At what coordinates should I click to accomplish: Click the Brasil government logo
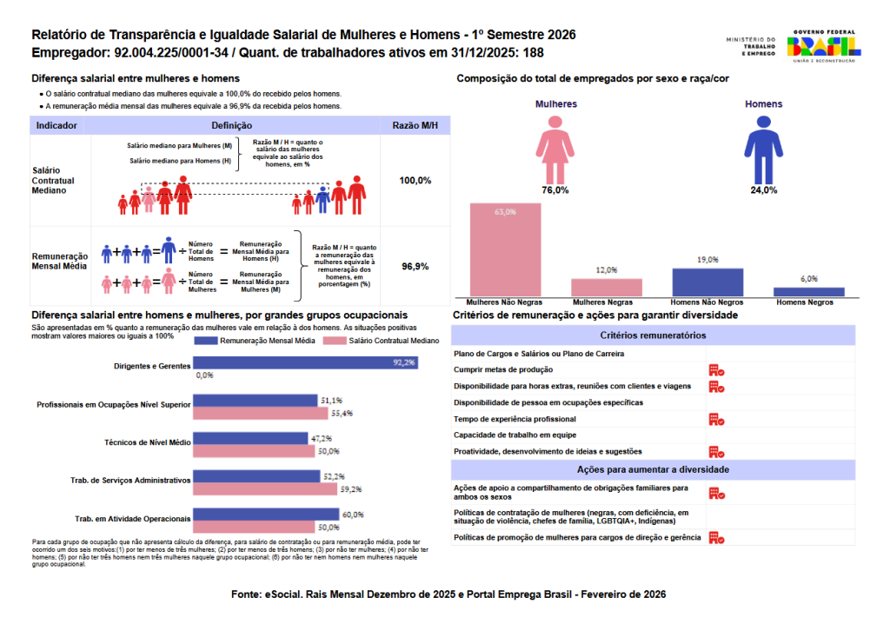pos(823,46)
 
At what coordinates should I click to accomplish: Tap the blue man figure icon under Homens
pos(764,146)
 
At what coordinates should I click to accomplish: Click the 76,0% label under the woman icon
pos(555,189)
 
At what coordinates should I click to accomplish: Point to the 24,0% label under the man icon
pos(764,189)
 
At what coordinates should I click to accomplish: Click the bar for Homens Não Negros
pos(707,282)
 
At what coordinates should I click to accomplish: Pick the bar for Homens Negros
pos(809,292)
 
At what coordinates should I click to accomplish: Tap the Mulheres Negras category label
pos(607,302)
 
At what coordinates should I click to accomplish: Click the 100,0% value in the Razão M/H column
pos(415,180)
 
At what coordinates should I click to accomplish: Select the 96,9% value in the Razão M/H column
pos(415,267)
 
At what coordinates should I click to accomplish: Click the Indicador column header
pos(56,126)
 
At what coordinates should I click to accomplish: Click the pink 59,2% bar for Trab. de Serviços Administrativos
pos(265,489)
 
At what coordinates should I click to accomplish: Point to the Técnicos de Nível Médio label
pos(147,442)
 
